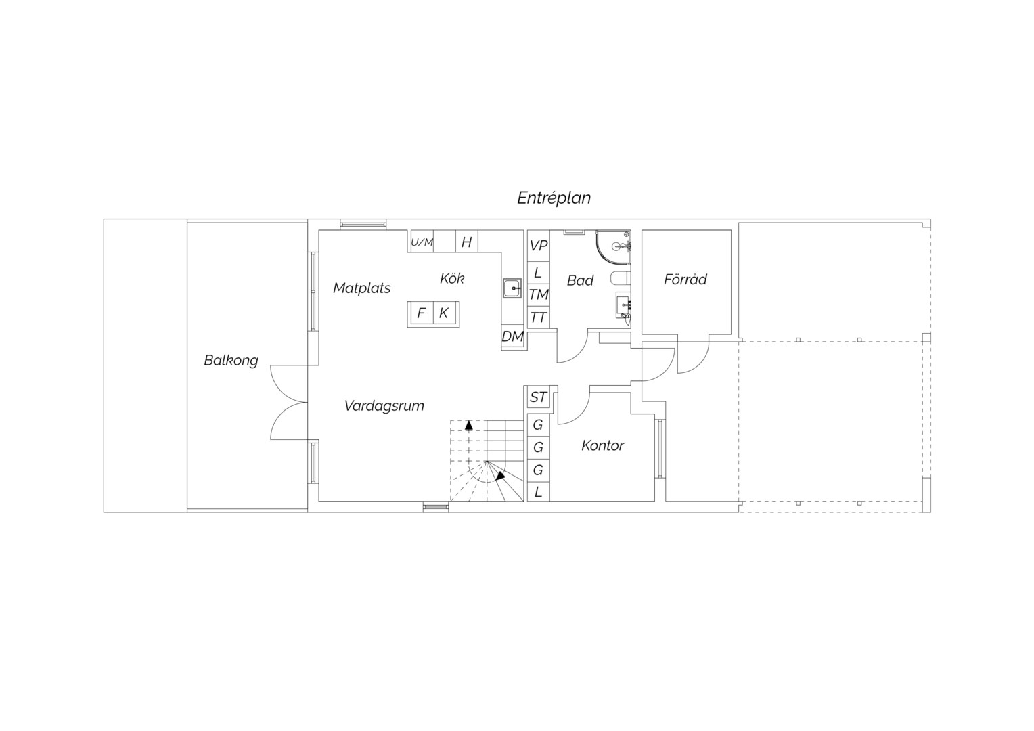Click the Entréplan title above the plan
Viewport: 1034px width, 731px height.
(x=554, y=198)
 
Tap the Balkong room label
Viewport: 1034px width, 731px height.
(x=231, y=360)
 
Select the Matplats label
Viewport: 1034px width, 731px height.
(x=361, y=288)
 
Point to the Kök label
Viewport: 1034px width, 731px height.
(x=452, y=278)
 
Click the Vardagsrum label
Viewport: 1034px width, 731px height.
(x=384, y=406)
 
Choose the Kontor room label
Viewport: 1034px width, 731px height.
(x=602, y=445)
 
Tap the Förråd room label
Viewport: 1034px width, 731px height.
(x=685, y=279)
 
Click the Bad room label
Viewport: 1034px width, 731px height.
(x=580, y=280)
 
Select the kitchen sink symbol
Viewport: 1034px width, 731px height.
(x=512, y=288)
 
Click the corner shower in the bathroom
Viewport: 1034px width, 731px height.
(x=613, y=248)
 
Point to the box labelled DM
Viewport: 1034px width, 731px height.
(x=512, y=337)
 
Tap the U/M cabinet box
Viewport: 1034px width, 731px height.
(x=422, y=242)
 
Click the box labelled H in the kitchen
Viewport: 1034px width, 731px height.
(x=467, y=242)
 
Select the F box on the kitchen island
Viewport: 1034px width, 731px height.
(x=421, y=313)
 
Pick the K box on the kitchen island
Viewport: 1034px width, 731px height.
(x=445, y=313)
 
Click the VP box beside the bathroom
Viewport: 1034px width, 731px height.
(x=538, y=246)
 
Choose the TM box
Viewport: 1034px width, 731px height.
(x=538, y=294)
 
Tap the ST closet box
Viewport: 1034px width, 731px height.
(x=538, y=397)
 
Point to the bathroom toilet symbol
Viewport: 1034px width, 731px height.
(x=620, y=279)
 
